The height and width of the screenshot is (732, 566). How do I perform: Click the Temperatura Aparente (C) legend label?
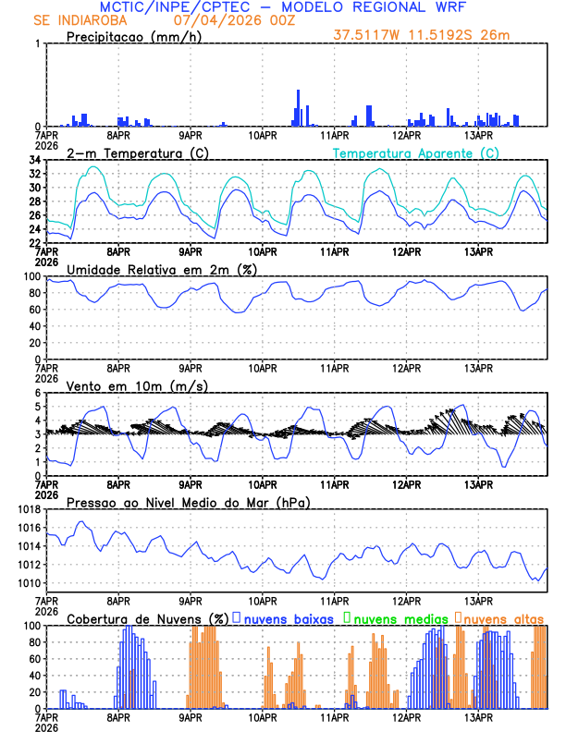[415, 152]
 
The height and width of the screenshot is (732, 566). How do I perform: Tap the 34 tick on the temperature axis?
[33, 160]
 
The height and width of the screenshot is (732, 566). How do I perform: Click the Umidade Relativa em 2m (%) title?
[162, 269]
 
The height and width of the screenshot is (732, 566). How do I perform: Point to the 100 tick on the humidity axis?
[31, 276]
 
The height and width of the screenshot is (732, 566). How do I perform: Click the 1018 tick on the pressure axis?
[28, 509]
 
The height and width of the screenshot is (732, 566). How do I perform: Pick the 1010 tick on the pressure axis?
[28, 583]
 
